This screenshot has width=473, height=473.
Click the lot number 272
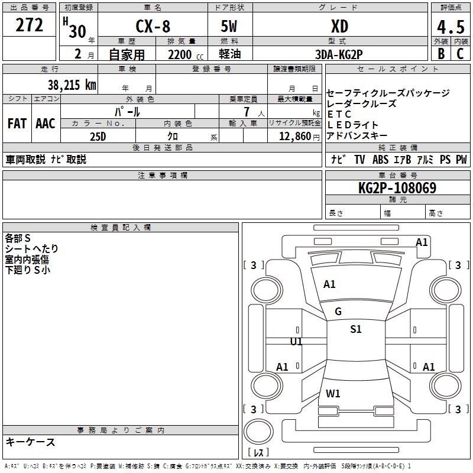click(30, 25)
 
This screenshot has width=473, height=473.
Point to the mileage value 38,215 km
click(72, 85)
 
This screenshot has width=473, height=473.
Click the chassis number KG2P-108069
click(397, 188)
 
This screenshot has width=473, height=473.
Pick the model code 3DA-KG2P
click(339, 54)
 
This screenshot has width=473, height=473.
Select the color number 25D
click(98, 135)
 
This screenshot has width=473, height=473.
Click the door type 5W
click(229, 27)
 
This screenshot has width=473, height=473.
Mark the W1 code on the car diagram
click(333, 393)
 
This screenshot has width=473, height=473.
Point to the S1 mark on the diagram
click(355, 329)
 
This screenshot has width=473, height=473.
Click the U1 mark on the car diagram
click(296, 342)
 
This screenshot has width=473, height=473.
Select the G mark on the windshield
click(338, 312)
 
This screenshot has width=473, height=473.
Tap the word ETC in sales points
click(339, 114)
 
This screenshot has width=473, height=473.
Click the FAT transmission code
click(17, 123)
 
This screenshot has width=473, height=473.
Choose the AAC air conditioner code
click(46, 123)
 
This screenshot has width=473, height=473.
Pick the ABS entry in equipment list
click(380, 160)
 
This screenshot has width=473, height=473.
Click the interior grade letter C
click(460, 53)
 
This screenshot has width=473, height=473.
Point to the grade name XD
click(339, 27)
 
